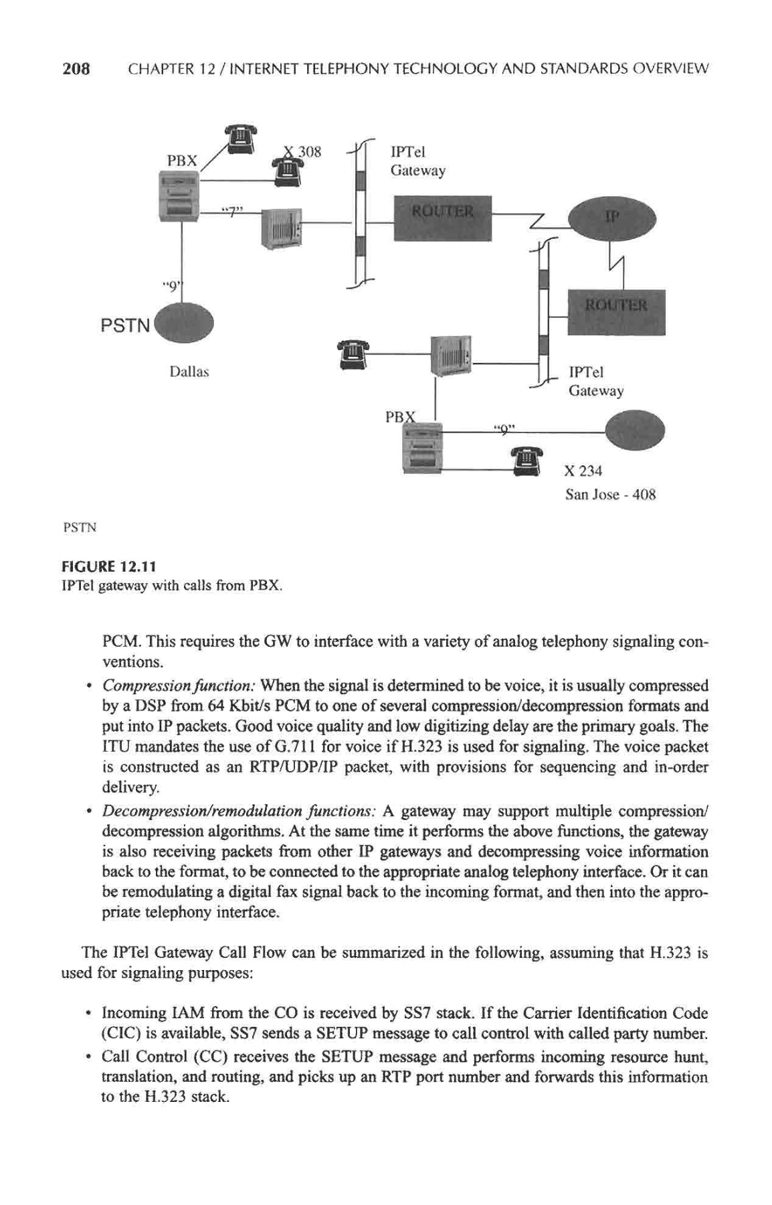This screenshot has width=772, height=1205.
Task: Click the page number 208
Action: click(x=76, y=68)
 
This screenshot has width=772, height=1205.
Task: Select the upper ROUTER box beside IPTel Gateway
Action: click(x=442, y=218)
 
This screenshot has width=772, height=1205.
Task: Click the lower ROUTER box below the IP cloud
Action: click(x=615, y=311)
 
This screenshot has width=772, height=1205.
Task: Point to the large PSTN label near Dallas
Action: click(x=125, y=326)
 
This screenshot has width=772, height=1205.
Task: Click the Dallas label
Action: click(x=189, y=372)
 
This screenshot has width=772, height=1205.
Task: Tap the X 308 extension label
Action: click(x=303, y=151)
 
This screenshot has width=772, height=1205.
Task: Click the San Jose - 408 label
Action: click(x=610, y=495)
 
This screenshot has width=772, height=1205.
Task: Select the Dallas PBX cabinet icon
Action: click(x=178, y=196)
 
